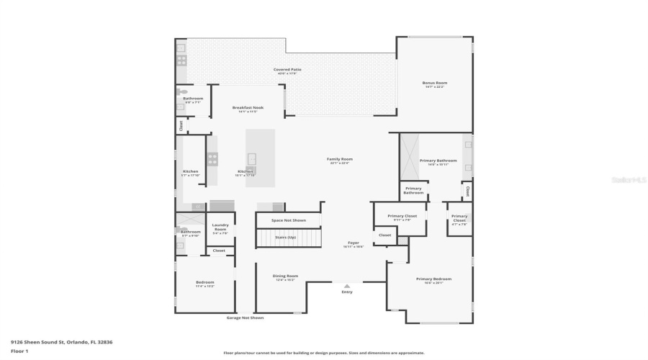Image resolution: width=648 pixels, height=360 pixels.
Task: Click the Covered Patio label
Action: (x=287, y=70)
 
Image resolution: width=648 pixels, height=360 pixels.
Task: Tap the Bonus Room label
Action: (x=434, y=84)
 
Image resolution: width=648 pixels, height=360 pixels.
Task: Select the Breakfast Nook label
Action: (x=248, y=108)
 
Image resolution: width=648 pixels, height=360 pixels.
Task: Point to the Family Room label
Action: (x=341, y=160)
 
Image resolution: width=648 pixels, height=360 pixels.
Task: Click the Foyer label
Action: (x=354, y=243)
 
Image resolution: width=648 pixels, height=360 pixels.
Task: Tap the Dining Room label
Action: (x=285, y=276)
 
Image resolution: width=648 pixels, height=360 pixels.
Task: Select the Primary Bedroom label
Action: (x=433, y=279)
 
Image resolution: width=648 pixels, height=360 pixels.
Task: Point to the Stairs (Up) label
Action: (x=289, y=236)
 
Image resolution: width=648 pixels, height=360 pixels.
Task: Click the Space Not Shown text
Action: (x=289, y=220)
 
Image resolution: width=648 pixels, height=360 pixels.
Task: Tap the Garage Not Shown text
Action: (x=245, y=318)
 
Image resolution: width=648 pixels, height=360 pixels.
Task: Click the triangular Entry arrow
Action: (x=347, y=286)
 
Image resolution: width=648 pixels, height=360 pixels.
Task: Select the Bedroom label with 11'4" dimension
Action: (x=205, y=283)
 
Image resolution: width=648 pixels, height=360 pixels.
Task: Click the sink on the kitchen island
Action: (x=251, y=158)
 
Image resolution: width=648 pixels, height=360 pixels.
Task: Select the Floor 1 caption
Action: (x=19, y=351)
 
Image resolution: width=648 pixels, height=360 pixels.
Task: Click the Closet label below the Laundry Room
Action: (x=219, y=251)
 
